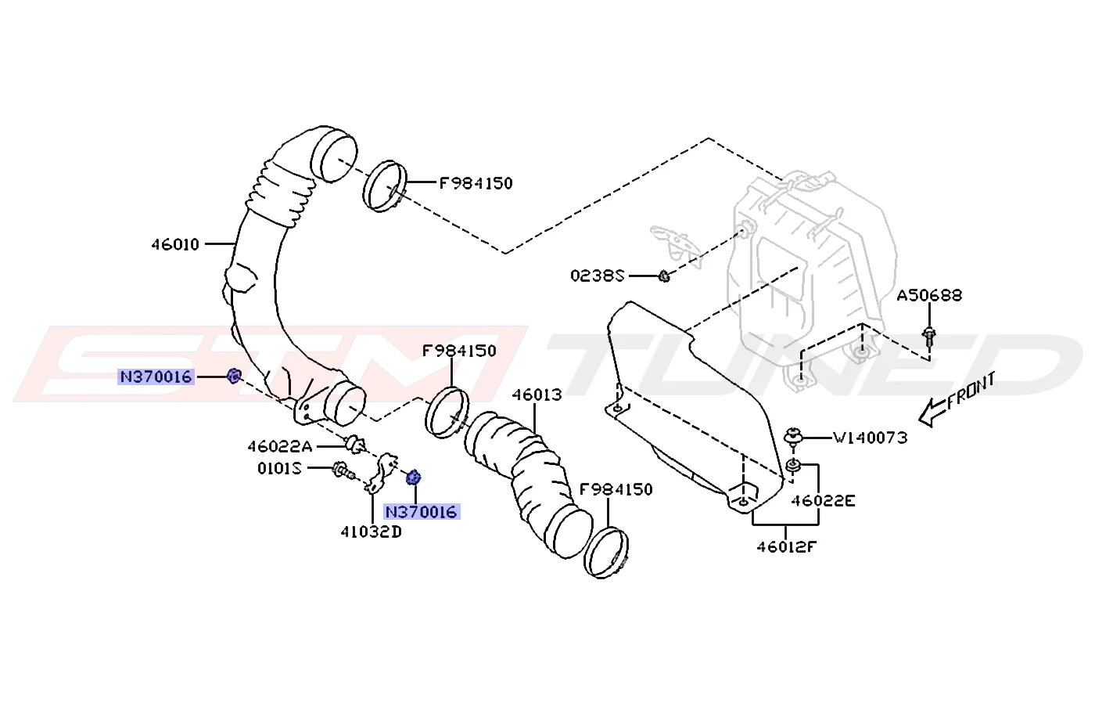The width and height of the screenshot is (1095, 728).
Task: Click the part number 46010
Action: pyautogui.click(x=175, y=244)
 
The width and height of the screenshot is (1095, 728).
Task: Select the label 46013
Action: pyautogui.click(x=537, y=395)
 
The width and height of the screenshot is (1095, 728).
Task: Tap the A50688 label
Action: pyautogui.click(x=929, y=296)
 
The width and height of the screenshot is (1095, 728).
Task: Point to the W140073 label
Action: pyautogui.click(x=870, y=438)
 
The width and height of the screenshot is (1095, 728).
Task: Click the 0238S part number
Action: pyautogui.click(x=598, y=276)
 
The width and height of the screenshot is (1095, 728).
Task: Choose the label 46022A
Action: pyautogui.click(x=280, y=446)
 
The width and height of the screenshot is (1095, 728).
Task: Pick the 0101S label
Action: pyautogui.click(x=280, y=469)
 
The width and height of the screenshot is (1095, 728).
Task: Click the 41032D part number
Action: pyautogui.click(x=371, y=532)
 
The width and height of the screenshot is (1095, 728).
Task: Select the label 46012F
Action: pyautogui.click(x=787, y=546)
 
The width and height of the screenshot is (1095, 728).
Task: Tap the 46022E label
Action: pyautogui.click(x=823, y=501)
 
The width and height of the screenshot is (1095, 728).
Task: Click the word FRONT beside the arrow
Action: pyautogui.click(x=971, y=391)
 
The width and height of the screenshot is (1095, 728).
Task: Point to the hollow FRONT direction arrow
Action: pyautogui.click(x=932, y=413)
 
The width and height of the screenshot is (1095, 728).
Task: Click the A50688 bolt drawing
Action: pyautogui.click(x=929, y=337)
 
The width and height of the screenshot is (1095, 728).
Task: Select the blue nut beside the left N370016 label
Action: pyautogui.click(x=234, y=376)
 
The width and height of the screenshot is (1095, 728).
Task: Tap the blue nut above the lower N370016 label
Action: pyautogui.click(x=414, y=477)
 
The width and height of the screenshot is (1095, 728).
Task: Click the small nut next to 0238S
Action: pyautogui.click(x=664, y=276)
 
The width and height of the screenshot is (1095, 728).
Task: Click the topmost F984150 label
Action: pyautogui.click(x=476, y=183)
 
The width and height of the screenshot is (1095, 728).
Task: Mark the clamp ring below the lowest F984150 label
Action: pyautogui.click(x=606, y=553)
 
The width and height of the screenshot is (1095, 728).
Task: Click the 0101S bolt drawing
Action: pyautogui.click(x=343, y=470)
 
